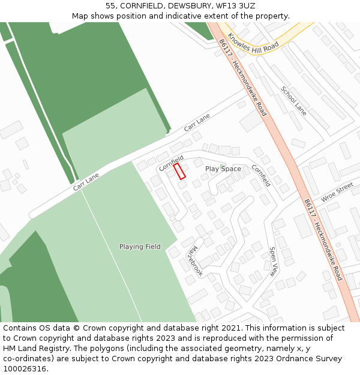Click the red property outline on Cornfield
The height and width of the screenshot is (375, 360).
179,171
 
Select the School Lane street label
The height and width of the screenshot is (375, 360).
293,101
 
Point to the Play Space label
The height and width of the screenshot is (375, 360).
223,169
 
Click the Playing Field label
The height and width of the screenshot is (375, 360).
140,247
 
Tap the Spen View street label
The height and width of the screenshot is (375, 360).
273,262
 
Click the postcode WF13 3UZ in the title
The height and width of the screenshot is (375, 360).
235,6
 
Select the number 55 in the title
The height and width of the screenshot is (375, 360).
110,6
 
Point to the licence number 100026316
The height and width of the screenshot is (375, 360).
26,369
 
